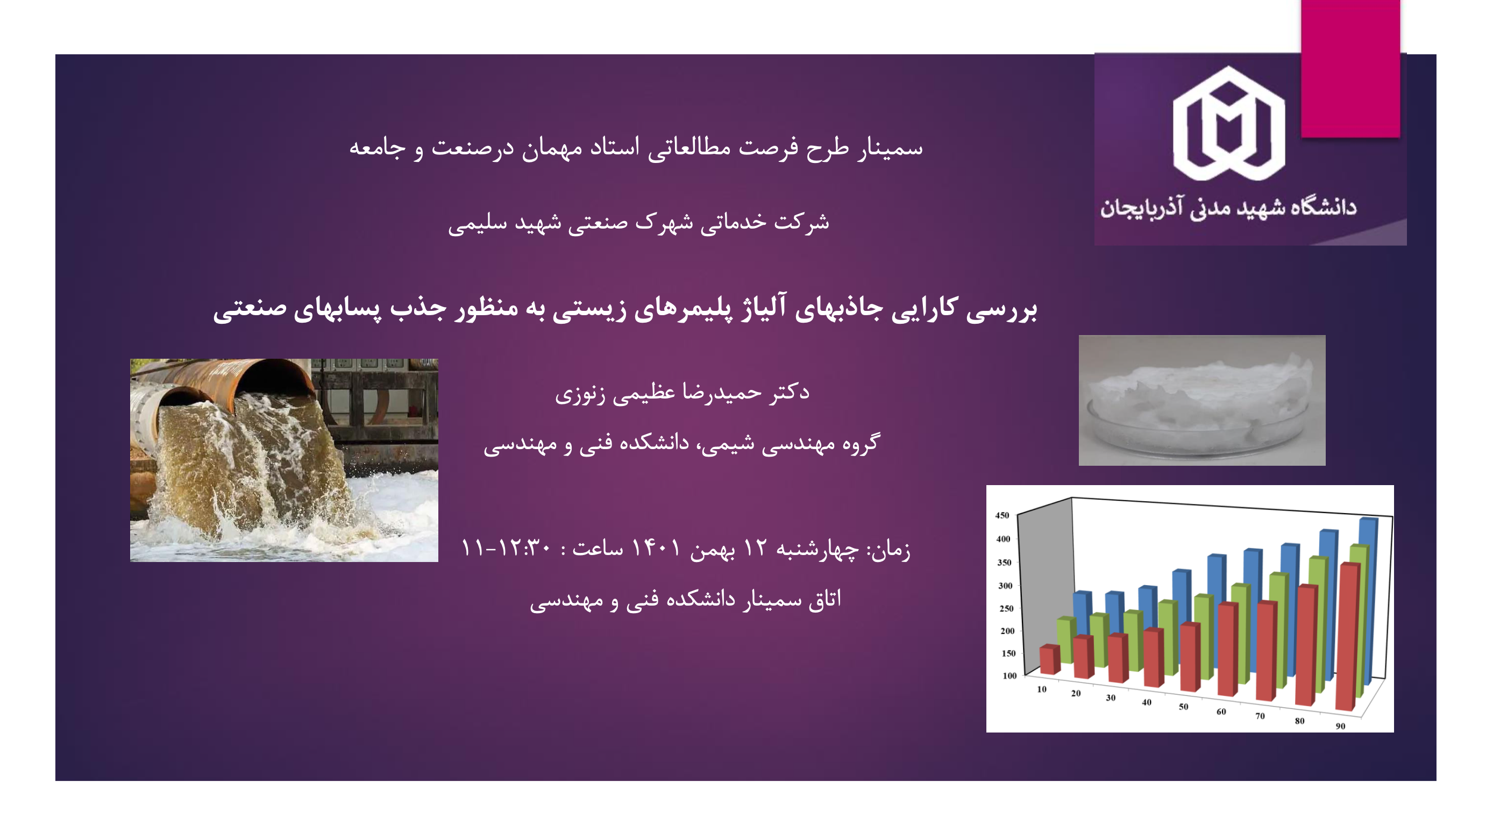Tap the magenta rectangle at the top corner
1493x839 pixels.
point(1350,68)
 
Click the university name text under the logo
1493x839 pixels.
point(1228,208)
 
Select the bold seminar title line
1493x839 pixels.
point(625,308)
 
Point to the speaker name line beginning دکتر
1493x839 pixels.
point(682,393)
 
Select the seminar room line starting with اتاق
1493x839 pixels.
point(685,600)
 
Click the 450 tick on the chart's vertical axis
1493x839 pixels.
point(1002,515)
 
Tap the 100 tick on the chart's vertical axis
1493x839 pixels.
point(1009,676)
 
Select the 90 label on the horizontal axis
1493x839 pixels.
point(1340,726)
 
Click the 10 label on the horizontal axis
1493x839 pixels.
point(1042,689)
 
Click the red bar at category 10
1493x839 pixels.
point(1049,659)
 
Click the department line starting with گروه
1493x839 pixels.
point(681,444)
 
